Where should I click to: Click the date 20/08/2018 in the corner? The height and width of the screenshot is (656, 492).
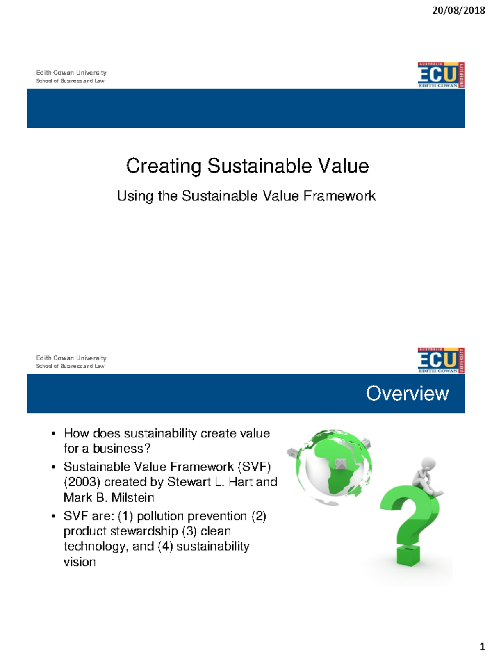pyautogui.click(x=458, y=10)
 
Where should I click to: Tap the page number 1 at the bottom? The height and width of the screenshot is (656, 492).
pyautogui.click(x=482, y=647)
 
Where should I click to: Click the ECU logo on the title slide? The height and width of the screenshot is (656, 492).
pyautogui.click(x=441, y=75)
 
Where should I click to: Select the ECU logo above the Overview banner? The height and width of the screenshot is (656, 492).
pyautogui.click(x=441, y=360)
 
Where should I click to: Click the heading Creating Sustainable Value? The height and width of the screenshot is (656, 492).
pyautogui.click(x=247, y=166)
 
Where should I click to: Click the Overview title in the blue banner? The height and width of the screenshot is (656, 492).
pyautogui.click(x=407, y=393)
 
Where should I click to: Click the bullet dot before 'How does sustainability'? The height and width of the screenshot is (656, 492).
pyautogui.click(x=53, y=434)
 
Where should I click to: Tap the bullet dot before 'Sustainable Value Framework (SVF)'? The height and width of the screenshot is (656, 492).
pyautogui.click(x=53, y=467)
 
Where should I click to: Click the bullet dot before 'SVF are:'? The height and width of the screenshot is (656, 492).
pyautogui.click(x=53, y=517)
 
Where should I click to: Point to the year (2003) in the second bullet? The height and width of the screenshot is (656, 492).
pyautogui.click(x=82, y=482)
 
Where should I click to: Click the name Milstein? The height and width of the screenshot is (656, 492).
pyautogui.click(x=133, y=498)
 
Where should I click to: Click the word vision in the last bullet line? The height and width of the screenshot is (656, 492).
pyautogui.click(x=80, y=562)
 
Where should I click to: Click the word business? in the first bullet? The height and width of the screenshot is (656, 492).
pyautogui.click(x=122, y=449)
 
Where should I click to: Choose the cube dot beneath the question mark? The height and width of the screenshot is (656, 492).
pyautogui.click(x=408, y=556)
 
